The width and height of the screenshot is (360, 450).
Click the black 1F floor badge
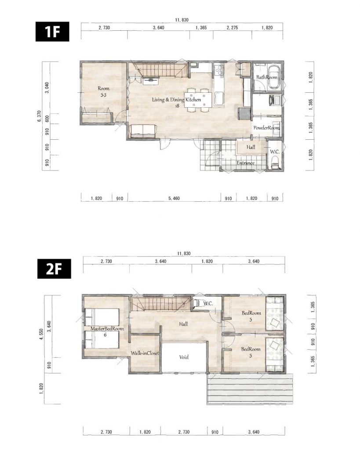coord(52,31)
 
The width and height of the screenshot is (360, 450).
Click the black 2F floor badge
coord(54,269)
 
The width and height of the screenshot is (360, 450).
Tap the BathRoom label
coord(267,77)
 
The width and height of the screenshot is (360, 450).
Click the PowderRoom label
coord(266,128)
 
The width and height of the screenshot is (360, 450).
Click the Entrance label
coord(245,163)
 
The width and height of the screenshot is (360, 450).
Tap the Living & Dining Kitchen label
coord(176,100)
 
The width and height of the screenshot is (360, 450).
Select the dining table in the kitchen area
coord(198,100)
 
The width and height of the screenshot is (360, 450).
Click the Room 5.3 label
coord(104,91)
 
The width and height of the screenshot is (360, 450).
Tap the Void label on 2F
coord(184,357)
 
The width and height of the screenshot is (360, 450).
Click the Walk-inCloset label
coord(145,353)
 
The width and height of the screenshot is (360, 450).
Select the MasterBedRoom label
coord(107,329)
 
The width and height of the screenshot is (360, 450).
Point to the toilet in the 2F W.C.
coord(197,304)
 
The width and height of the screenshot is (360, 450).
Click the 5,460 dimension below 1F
coord(174,198)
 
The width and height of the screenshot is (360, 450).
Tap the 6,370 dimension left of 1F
coord(39,116)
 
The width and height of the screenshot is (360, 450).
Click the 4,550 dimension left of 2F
coord(41,334)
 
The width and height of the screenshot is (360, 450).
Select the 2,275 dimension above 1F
coord(232,28)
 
